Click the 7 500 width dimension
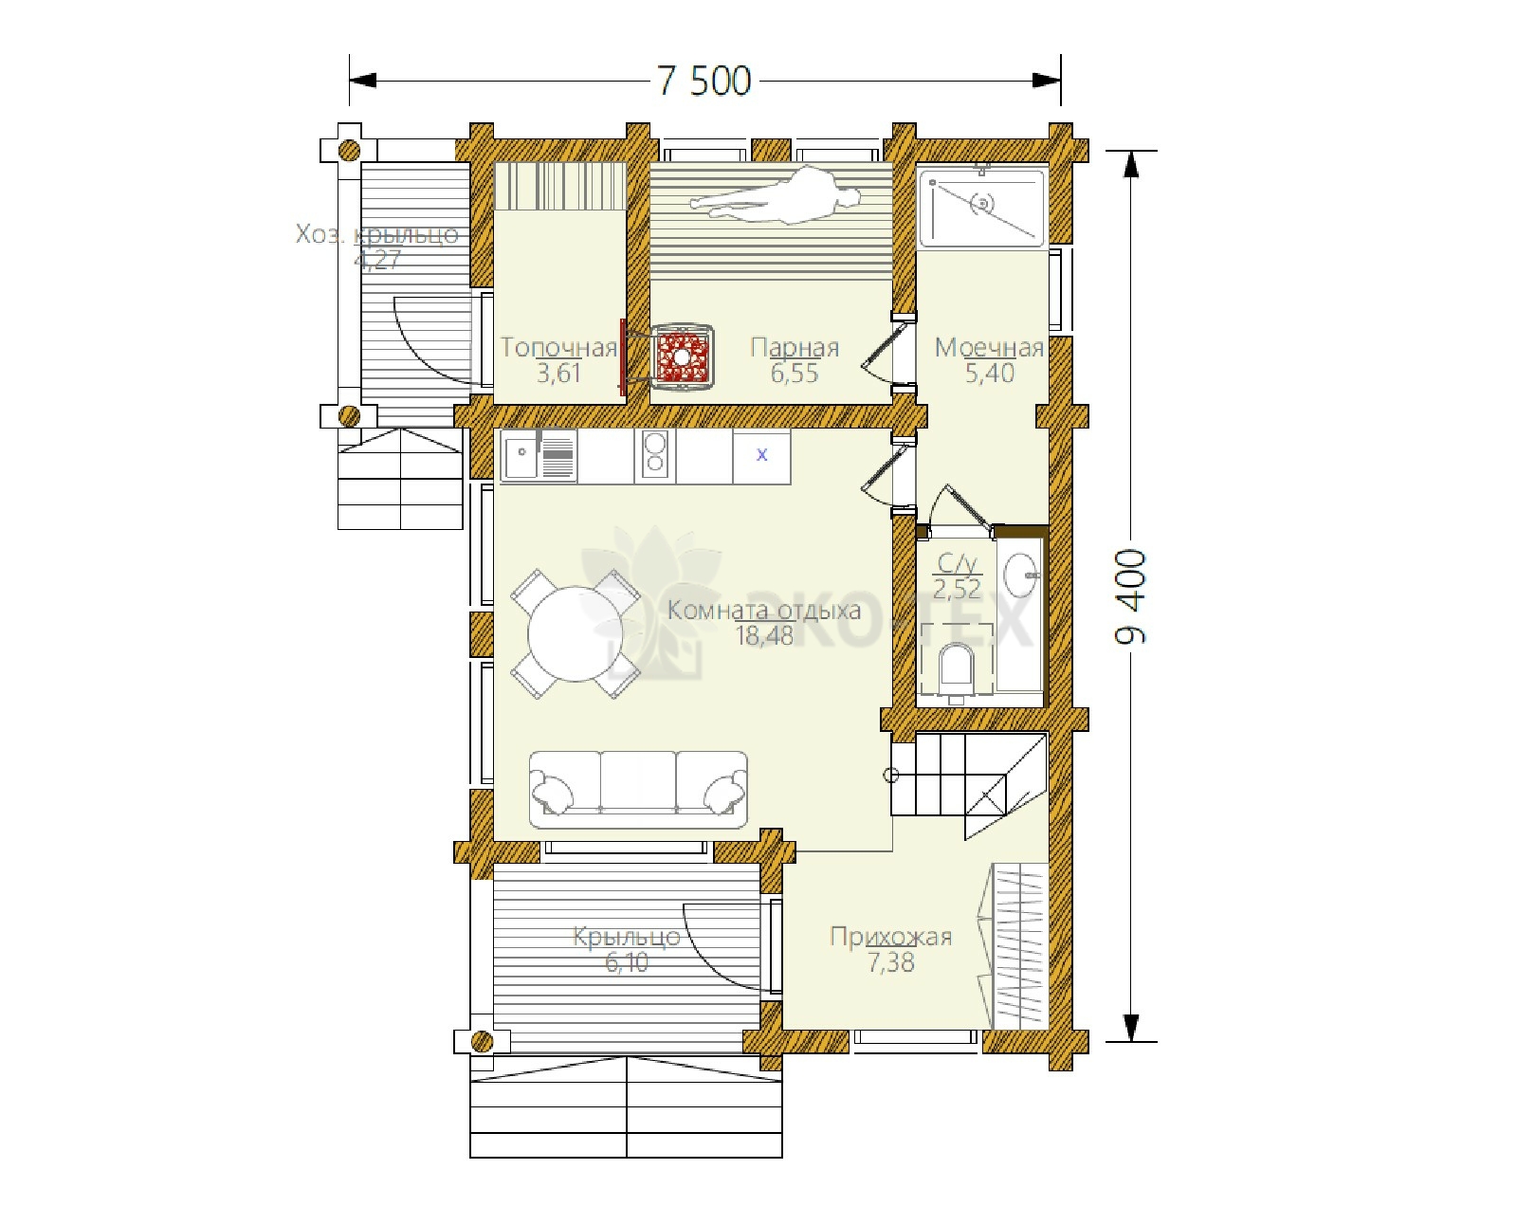(x=704, y=81)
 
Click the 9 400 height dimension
(x=1131, y=596)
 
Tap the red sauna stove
(x=681, y=356)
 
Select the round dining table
(x=576, y=633)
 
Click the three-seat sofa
(x=638, y=790)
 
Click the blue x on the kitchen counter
(x=762, y=455)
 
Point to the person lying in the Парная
(x=776, y=195)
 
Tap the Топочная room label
(x=558, y=348)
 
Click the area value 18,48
(x=764, y=636)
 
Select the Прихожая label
(x=891, y=937)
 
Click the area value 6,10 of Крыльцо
(x=627, y=962)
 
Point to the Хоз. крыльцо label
(x=377, y=234)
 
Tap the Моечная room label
(x=989, y=348)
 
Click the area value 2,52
(x=957, y=589)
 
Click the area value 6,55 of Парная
(x=795, y=373)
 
